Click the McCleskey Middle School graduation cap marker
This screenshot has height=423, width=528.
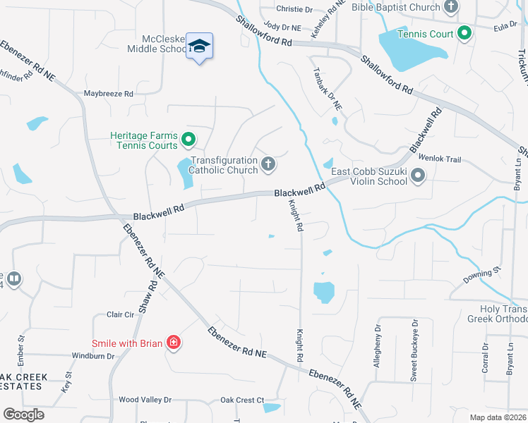(200, 46)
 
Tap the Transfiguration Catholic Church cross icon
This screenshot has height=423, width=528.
(268, 164)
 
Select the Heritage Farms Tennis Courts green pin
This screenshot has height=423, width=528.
(188, 140)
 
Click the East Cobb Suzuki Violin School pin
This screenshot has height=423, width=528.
(418, 176)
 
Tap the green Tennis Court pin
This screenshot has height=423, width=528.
(464, 32)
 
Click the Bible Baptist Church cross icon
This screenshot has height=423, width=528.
(450, 7)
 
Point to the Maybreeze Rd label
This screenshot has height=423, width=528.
(109, 93)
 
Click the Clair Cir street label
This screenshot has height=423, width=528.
(119, 314)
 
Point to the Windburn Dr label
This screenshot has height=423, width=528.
(93, 356)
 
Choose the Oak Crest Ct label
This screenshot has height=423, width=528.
(242, 400)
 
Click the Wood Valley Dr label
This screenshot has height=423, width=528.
(145, 400)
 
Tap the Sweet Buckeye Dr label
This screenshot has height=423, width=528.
(414, 340)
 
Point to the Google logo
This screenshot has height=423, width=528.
(23, 415)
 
